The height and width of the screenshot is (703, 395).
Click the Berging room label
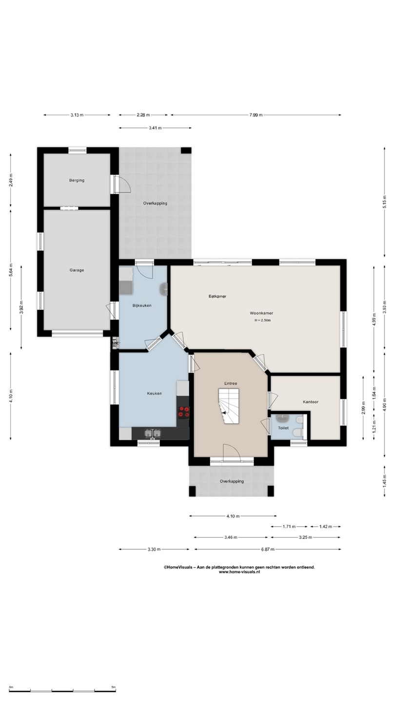click(x=77, y=181)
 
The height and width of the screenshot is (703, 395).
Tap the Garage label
click(x=77, y=270)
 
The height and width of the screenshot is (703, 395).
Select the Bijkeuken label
click(x=142, y=306)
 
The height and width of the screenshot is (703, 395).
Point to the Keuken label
click(x=155, y=393)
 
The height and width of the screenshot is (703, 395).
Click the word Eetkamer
click(x=217, y=296)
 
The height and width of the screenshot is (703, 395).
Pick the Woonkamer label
click(x=261, y=313)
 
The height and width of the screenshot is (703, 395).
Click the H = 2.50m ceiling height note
click(x=263, y=320)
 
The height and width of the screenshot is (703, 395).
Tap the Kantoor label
click(x=311, y=402)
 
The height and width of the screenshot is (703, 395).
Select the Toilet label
click(x=283, y=428)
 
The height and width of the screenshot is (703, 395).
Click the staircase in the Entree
click(x=229, y=406)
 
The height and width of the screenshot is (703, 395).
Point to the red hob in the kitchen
click(x=184, y=412)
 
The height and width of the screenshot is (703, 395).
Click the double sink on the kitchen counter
click(x=153, y=434)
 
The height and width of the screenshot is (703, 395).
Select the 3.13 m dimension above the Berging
click(x=77, y=115)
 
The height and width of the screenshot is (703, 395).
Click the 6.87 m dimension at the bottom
click(x=268, y=549)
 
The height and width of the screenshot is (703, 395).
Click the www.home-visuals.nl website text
click(x=239, y=572)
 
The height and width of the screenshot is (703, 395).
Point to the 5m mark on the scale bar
click(x=114, y=687)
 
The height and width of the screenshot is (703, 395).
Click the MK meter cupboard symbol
click(x=116, y=343)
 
